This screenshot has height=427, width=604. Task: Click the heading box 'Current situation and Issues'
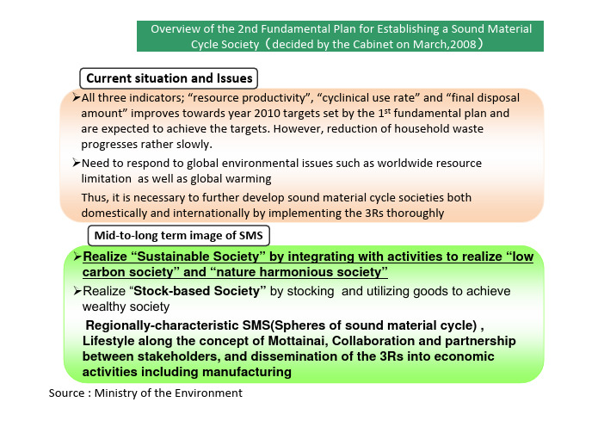click(x=169, y=78)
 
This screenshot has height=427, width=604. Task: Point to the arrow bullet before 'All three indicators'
click(x=76, y=97)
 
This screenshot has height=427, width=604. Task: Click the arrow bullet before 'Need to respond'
click(x=76, y=163)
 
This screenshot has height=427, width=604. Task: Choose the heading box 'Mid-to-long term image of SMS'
click(x=179, y=236)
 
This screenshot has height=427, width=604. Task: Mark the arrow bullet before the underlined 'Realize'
click(x=77, y=257)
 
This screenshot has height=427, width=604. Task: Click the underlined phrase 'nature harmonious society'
click(x=299, y=272)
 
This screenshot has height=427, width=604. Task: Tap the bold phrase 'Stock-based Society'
click(x=196, y=291)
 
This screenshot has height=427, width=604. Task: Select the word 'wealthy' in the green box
click(x=101, y=306)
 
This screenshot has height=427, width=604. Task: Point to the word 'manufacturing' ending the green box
click(x=247, y=372)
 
